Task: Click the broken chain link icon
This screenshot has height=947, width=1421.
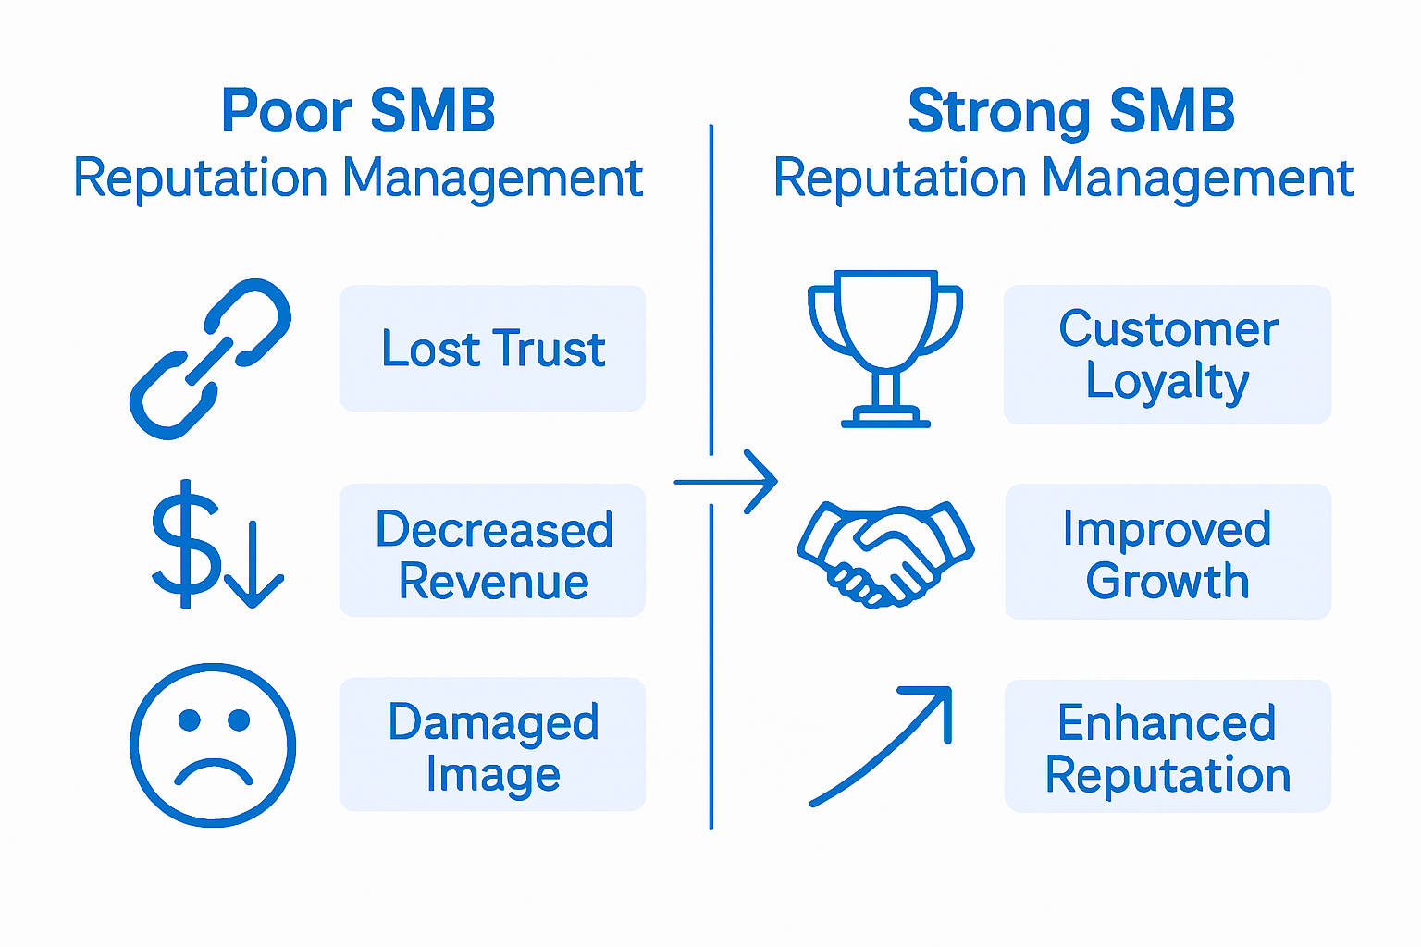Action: tap(211, 359)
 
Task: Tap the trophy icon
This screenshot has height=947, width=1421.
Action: tap(885, 348)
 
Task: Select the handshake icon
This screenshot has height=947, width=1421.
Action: tap(884, 553)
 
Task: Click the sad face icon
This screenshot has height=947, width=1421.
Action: tap(213, 744)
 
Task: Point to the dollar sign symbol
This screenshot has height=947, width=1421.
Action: tap(185, 544)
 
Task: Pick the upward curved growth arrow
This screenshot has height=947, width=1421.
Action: tap(883, 744)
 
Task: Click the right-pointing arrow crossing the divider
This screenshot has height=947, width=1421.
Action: tap(727, 482)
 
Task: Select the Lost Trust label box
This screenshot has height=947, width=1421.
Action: tap(492, 349)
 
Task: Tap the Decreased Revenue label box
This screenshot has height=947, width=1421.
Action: tap(492, 551)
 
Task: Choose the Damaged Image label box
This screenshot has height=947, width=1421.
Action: tap(492, 745)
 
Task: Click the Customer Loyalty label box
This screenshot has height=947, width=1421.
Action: tap(1168, 354)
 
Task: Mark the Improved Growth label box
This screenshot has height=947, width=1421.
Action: tap(1168, 552)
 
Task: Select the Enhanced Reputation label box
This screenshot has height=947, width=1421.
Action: tap(1168, 746)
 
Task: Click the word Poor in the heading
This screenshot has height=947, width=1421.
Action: tap(287, 112)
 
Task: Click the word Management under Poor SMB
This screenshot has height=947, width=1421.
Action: tap(492, 178)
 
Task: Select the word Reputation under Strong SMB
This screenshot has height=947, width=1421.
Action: tap(900, 178)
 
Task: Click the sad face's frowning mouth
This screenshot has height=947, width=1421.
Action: tap(213, 772)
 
